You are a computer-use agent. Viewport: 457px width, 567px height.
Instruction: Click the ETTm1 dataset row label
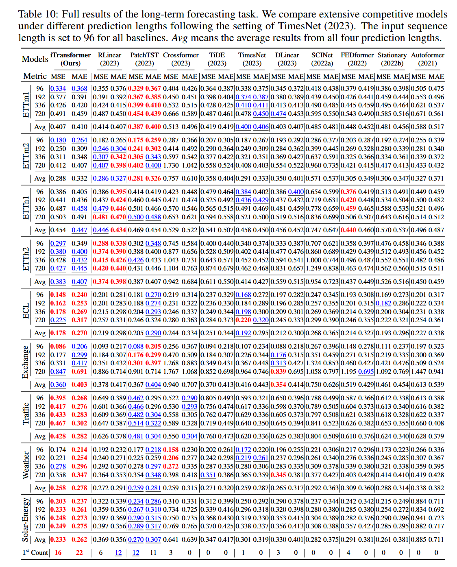pos(26,105)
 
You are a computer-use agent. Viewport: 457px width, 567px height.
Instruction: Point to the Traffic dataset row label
pos(26,414)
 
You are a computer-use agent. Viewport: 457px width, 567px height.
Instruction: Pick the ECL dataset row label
pos(26,311)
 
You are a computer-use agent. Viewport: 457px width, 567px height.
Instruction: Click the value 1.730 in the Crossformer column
pos(171,166)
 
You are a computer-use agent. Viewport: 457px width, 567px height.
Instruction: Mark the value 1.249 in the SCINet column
pos(314,268)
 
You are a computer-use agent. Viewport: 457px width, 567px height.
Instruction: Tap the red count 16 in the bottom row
pos(58,553)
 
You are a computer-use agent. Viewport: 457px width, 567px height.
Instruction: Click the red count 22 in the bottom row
pos(79,553)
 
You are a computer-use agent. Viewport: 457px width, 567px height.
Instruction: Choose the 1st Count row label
pos(35,553)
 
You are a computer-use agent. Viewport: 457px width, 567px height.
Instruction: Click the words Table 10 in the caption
pos(37,14)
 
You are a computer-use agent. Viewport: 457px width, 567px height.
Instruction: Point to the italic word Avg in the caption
pos(179,38)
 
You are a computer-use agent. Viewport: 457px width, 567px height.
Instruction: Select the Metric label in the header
pos(35,76)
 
